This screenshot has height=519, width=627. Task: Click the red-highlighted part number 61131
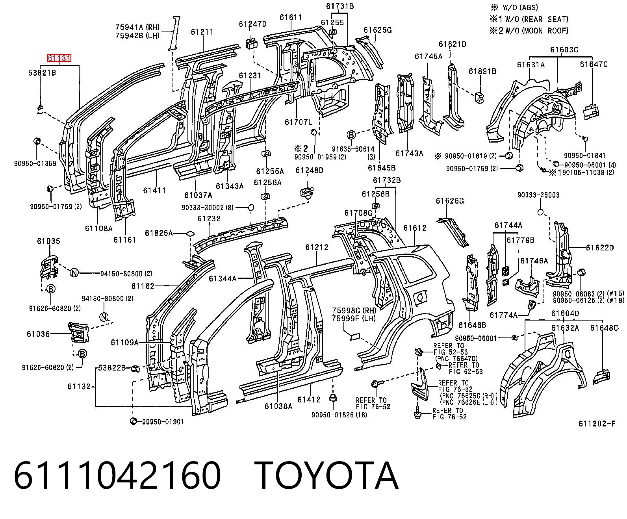(59, 58)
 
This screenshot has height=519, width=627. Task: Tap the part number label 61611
(291, 17)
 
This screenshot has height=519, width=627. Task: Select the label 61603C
(564, 50)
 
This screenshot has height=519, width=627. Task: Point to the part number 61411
(154, 190)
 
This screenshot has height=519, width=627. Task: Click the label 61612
(415, 228)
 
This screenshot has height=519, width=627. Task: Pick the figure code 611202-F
(597, 423)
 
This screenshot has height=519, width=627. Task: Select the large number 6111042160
(117, 476)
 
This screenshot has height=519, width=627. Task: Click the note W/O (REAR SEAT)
(537, 19)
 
